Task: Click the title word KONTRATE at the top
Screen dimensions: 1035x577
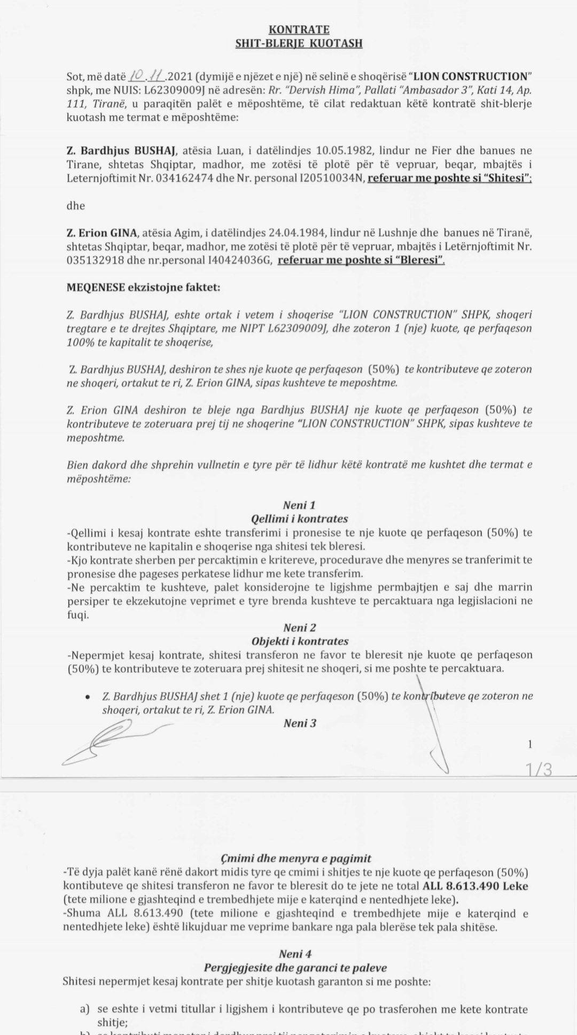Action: pos(299,29)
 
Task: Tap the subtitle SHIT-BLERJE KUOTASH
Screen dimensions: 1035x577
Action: pos(299,43)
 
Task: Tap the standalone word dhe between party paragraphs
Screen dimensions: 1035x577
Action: pos(76,206)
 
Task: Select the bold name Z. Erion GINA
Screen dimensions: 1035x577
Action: pos(102,233)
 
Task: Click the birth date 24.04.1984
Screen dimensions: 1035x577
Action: pos(300,233)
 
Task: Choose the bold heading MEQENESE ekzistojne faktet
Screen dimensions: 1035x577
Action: pos(143,288)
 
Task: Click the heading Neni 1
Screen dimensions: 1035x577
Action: pos(299,505)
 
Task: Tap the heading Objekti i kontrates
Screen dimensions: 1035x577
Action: pos(299,641)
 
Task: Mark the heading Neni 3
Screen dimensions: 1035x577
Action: pos(300,723)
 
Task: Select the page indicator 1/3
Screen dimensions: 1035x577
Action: pos(539,769)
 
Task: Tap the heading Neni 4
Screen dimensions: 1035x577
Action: pos(295,954)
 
